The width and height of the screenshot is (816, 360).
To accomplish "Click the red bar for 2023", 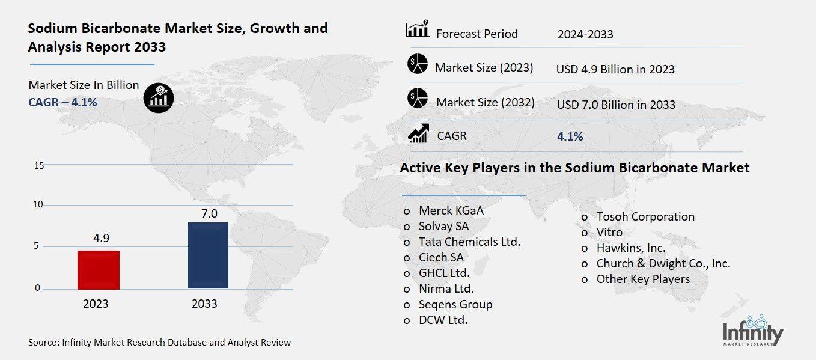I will pos(99,270).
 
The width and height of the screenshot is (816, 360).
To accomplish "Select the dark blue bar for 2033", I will pos(208,255).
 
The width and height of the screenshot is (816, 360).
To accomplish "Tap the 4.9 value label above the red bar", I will pos(101,238).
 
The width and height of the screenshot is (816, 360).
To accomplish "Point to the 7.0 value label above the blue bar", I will pos(209,213).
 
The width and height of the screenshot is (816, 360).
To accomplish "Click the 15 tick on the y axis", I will pos(38,166).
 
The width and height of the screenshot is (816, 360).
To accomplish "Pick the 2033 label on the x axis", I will pos(204,304).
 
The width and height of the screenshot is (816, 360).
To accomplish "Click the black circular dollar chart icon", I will pos(159,96).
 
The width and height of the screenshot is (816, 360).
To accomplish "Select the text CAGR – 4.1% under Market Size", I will pos(62,102).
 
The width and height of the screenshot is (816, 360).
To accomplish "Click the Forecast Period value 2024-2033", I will pos(585,34).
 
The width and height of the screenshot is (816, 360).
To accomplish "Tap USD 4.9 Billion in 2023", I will pos(615,69).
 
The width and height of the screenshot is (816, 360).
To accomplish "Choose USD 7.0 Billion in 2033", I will pos(616,105).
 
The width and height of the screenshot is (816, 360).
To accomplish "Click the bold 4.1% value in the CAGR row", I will pos(570,136).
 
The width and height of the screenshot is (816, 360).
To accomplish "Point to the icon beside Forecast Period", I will pos(417,29).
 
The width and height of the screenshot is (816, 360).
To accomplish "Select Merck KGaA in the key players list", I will pos(451,211).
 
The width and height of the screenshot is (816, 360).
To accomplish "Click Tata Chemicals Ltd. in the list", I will pos(469,242).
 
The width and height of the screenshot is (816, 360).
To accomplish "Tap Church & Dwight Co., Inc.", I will pos(663,263).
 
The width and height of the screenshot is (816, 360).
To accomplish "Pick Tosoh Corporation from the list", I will pos(645,216).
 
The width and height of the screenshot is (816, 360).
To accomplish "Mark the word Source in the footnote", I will pos(43,343).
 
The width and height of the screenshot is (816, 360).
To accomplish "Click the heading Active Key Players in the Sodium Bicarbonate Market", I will pos(574,168).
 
